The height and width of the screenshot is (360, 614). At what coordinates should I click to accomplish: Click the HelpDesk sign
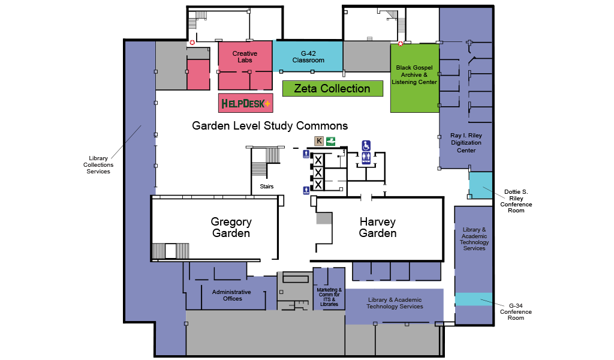245,103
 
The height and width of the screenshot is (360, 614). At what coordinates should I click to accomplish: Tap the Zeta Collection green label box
332,89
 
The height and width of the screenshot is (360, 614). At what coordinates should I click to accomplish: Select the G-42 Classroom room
308,56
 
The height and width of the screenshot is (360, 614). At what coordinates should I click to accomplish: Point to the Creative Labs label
245,57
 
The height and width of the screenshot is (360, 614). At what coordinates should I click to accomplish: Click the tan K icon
319,141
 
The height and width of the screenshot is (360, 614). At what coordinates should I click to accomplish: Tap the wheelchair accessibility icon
366,145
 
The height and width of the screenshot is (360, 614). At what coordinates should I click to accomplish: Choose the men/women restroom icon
366,158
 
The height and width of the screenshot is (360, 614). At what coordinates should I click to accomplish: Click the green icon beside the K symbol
330,141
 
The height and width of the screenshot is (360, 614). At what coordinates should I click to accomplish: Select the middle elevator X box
318,172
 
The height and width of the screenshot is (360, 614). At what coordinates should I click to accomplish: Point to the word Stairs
267,187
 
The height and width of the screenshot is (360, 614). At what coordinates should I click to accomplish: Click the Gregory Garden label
231,227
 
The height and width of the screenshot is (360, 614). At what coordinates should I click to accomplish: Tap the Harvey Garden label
378,227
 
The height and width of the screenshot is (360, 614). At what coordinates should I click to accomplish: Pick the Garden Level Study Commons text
270,126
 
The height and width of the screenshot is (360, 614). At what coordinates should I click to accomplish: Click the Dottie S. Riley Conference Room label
516,201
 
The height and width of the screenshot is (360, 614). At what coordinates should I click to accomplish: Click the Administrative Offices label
232,295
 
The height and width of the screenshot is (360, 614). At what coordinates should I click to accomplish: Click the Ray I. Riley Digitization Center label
466,143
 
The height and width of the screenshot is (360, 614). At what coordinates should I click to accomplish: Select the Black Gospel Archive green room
414,77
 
